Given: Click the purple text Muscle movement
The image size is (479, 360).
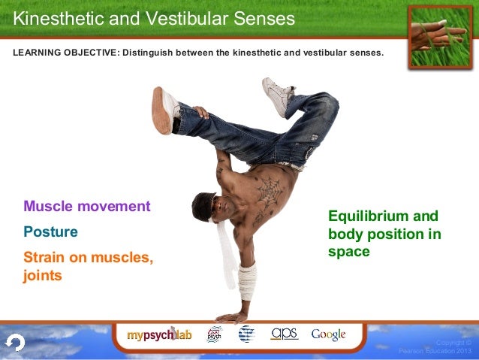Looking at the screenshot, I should click(x=87, y=206).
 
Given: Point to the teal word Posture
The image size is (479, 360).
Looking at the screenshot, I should click(x=50, y=232).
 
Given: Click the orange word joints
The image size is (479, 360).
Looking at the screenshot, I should click(x=43, y=276).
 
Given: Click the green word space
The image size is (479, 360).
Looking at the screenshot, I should click(x=349, y=252).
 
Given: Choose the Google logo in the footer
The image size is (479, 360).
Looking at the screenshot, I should click(x=328, y=334).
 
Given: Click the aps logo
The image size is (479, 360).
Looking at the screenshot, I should click(x=285, y=333).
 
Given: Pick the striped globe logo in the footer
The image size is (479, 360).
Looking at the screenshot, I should click(x=246, y=334).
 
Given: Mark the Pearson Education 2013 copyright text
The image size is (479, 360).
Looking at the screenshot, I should click(x=435, y=347).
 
